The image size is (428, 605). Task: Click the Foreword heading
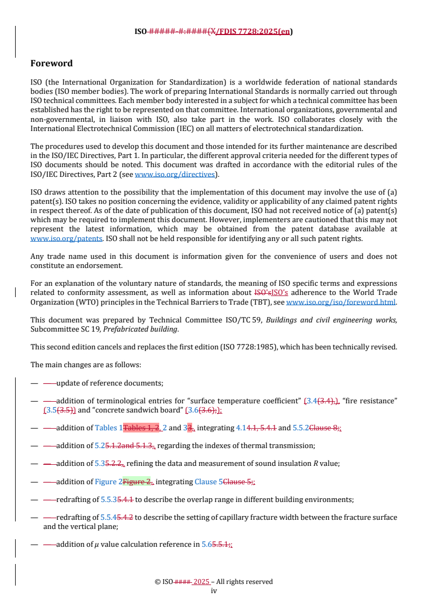pyautogui.click(x=51, y=64)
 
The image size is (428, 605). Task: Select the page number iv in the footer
pyautogui.click(x=214, y=590)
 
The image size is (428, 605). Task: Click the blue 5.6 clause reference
pyautogui.click(x=207, y=544)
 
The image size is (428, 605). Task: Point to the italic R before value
pyautogui.click(x=316, y=463)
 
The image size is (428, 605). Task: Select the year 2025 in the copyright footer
pyautogui.click(x=201, y=582)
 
